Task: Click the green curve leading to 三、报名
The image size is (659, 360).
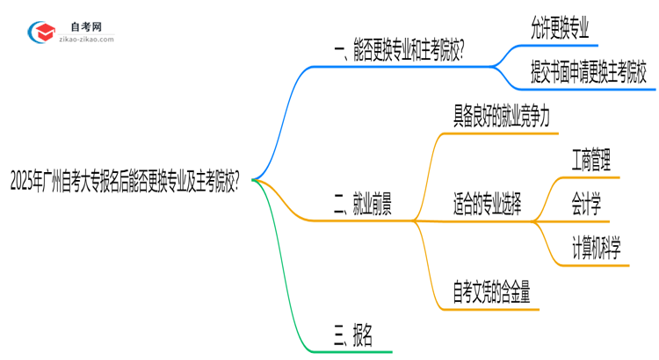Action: click(279, 290)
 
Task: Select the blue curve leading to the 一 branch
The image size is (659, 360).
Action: click(279, 105)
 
